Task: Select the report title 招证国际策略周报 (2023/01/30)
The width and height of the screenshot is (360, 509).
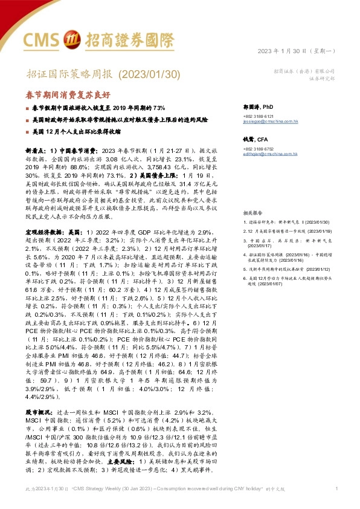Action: [x=103, y=74]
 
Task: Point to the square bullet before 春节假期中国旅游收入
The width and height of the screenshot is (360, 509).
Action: [x=27, y=107]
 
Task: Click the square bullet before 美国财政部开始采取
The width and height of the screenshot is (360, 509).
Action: [x=27, y=120]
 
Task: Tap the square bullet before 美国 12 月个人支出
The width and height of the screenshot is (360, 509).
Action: [x=27, y=131]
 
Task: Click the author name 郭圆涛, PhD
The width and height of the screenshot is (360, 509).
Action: [x=257, y=105]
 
